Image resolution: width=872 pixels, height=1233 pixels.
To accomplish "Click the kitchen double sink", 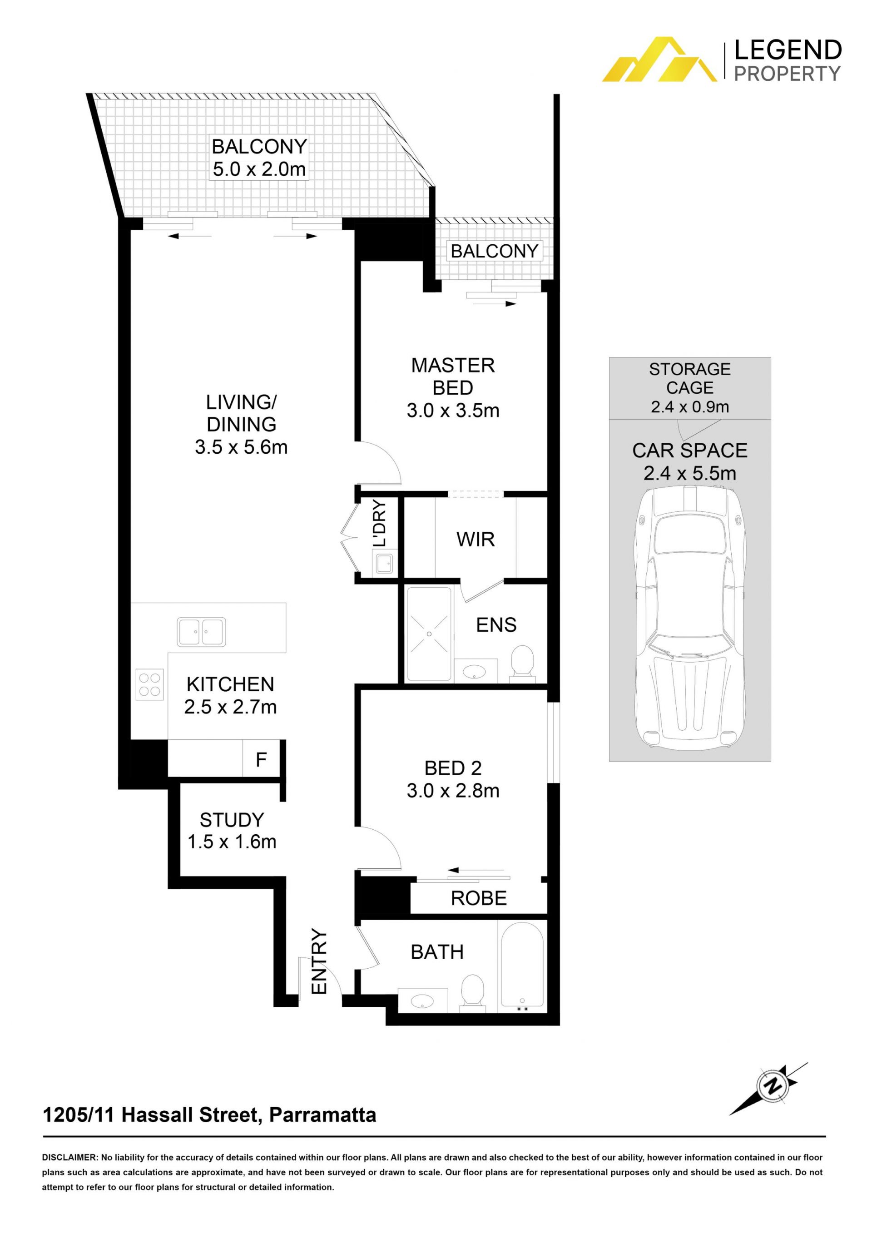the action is pos(201,632).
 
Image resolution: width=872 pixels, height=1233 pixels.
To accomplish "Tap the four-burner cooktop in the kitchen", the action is pos(150,685).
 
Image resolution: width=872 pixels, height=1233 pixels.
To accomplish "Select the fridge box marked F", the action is pos(262,759).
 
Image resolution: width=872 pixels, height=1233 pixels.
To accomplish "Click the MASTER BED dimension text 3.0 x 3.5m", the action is pos(453,411).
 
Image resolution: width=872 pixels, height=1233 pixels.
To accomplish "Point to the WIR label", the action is pos(476,539).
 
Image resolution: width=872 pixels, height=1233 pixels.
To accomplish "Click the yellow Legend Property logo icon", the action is pos(659,59).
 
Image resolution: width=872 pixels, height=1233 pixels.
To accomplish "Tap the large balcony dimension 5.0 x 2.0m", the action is pos(259,169).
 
